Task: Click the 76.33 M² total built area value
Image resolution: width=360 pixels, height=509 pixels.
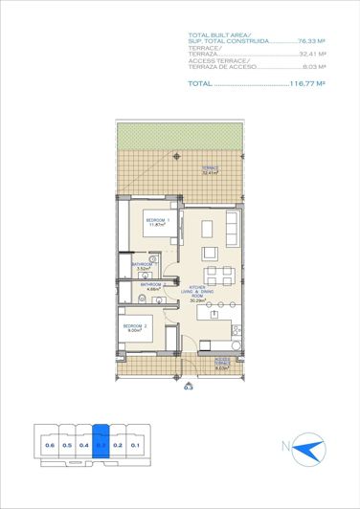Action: (x=313, y=42)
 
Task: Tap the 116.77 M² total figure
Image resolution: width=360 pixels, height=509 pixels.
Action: (x=308, y=83)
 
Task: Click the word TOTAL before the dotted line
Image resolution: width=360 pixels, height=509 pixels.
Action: (x=199, y=83)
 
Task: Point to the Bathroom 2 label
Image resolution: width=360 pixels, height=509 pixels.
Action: (x=151, y=286)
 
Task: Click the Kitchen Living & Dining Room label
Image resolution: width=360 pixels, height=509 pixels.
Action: (x=199, y=294)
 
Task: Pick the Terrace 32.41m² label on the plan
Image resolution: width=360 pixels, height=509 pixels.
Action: (x=210, y=171)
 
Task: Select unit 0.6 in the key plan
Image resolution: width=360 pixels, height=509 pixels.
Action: (x=50, y=445)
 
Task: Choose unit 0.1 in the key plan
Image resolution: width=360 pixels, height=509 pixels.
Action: (x=135, y=445)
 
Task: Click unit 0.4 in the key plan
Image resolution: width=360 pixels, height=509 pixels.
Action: (x=84, y=445)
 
